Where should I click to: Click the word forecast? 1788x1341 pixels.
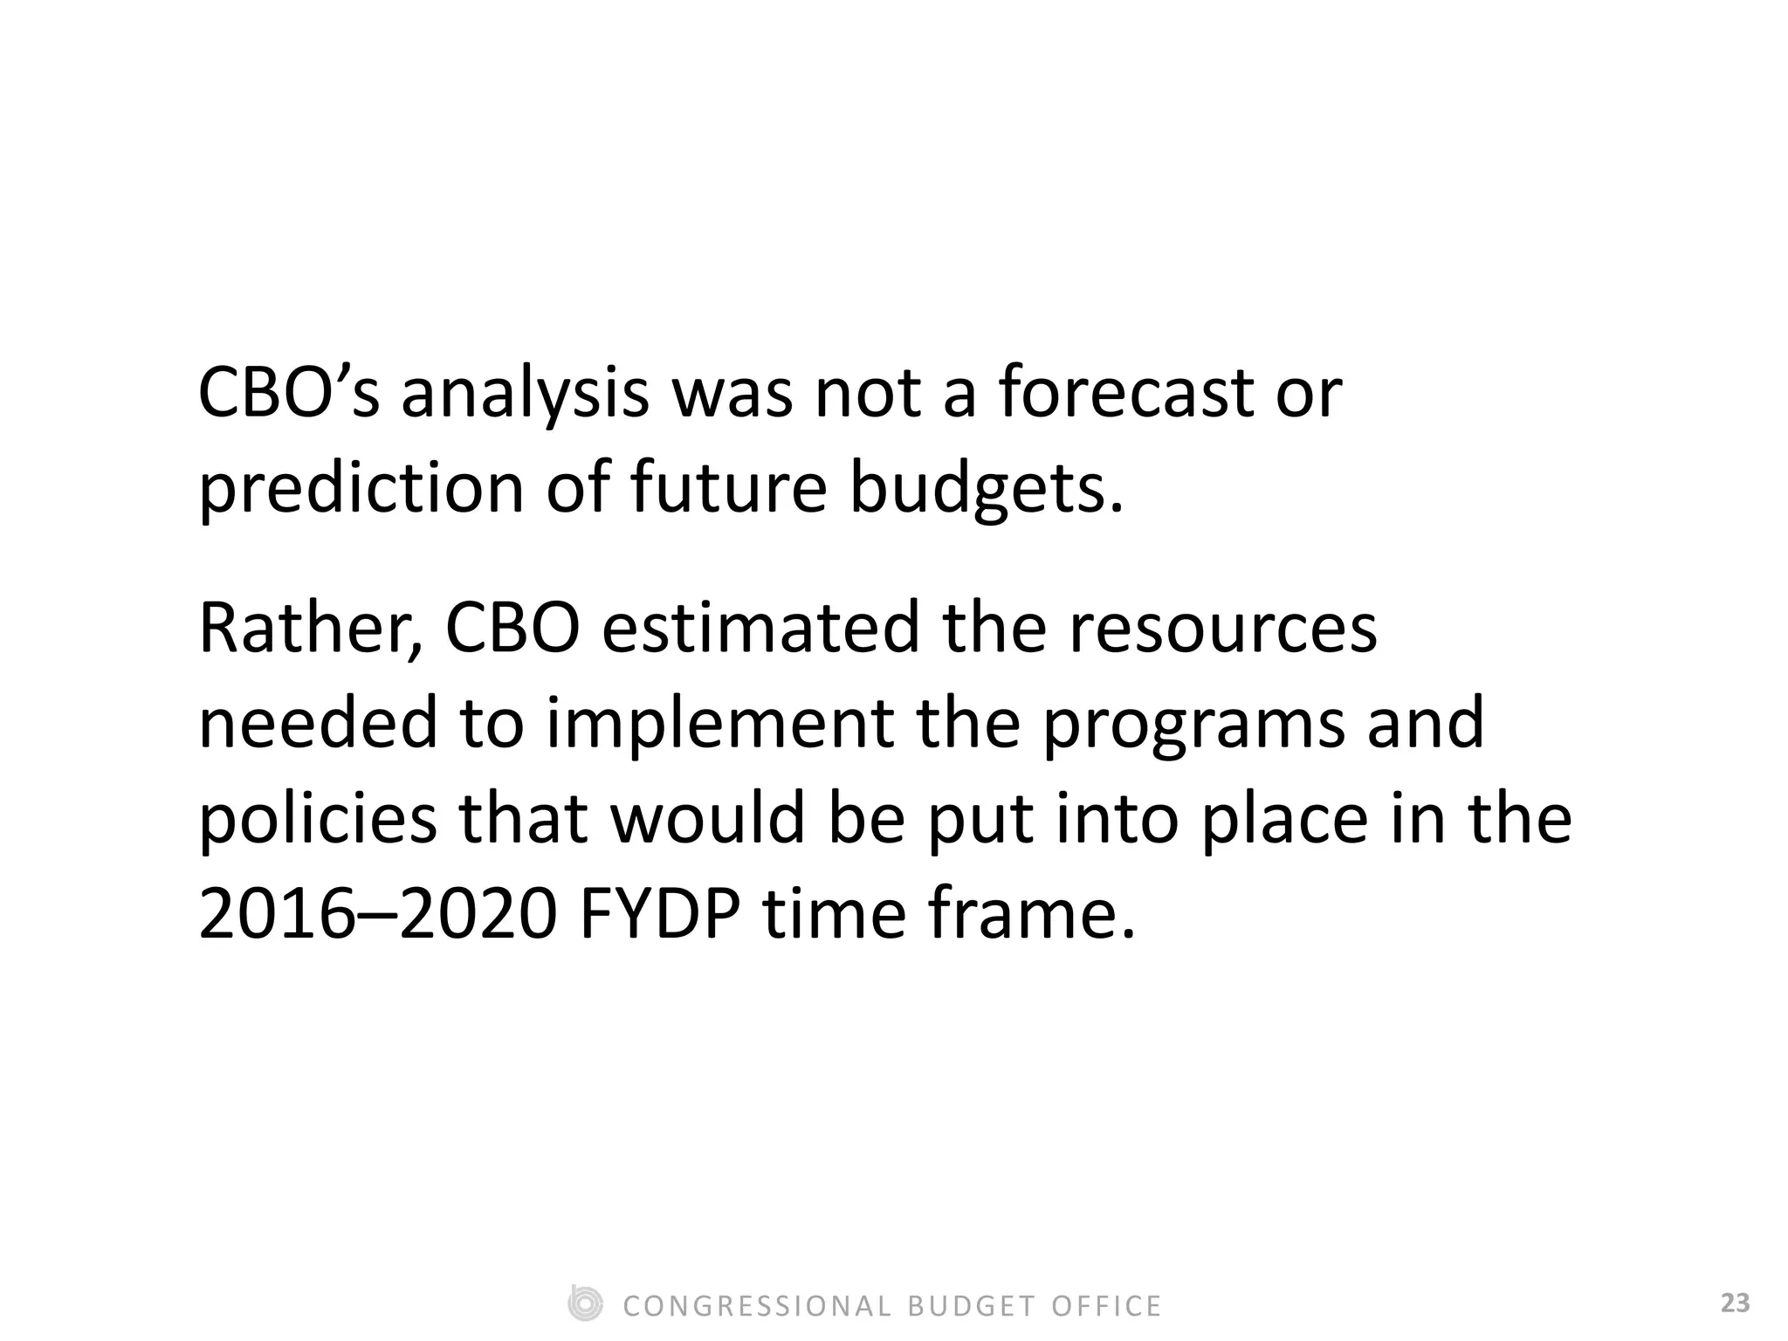[1126, 393]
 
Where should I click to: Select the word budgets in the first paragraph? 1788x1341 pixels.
[986, 489]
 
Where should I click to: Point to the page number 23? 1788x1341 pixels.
[1735, 1304]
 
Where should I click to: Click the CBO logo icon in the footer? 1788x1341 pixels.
[585, 1304]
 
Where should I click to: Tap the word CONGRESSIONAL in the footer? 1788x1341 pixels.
[757, 1306]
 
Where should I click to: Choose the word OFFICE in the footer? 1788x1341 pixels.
[1106, 1306]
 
